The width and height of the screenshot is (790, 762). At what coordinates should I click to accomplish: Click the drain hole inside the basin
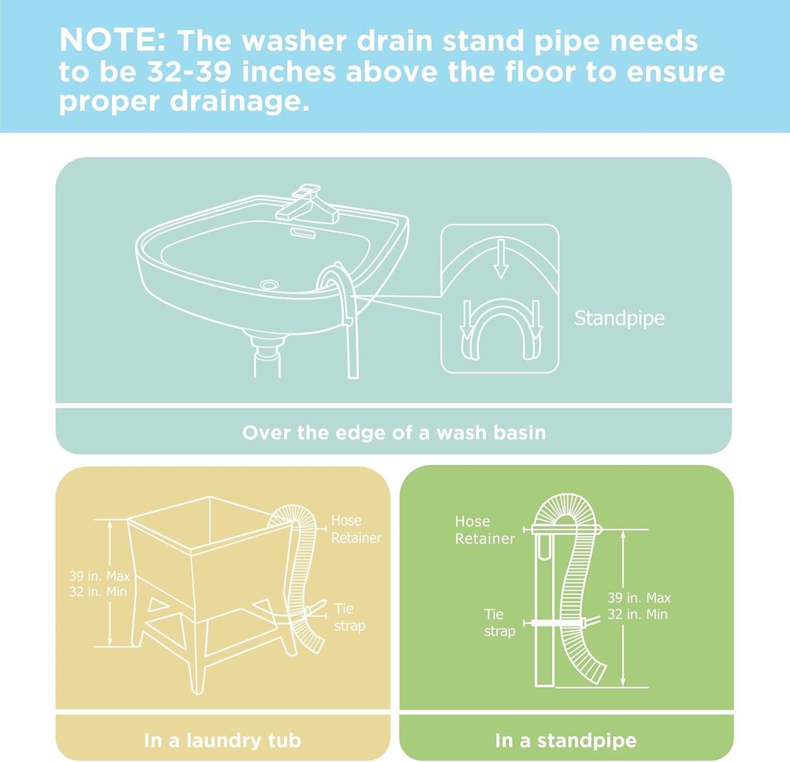pos(269,284)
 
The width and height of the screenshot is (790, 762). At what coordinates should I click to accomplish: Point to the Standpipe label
pos(619,318)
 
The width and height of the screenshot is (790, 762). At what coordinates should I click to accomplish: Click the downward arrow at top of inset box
pos(501,259)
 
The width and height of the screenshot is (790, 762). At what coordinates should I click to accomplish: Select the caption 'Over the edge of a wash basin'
pos(394,432)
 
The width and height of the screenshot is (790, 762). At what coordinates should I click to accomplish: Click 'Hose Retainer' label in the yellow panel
pos(356,529)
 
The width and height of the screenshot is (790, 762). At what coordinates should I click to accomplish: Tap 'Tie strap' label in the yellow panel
pos(350,617)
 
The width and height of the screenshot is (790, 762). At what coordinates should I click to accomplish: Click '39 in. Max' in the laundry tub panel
pos(100,576)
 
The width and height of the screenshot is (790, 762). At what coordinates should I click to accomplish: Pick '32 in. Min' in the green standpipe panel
pos(637,614)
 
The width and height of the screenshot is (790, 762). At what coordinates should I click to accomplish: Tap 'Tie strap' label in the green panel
pos(499,622)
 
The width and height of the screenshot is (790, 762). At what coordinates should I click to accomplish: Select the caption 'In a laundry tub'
pos(222,740)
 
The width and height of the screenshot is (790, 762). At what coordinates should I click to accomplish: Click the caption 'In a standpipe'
pos(566,740)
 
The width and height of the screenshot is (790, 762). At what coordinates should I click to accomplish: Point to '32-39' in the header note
pos(189,72)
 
